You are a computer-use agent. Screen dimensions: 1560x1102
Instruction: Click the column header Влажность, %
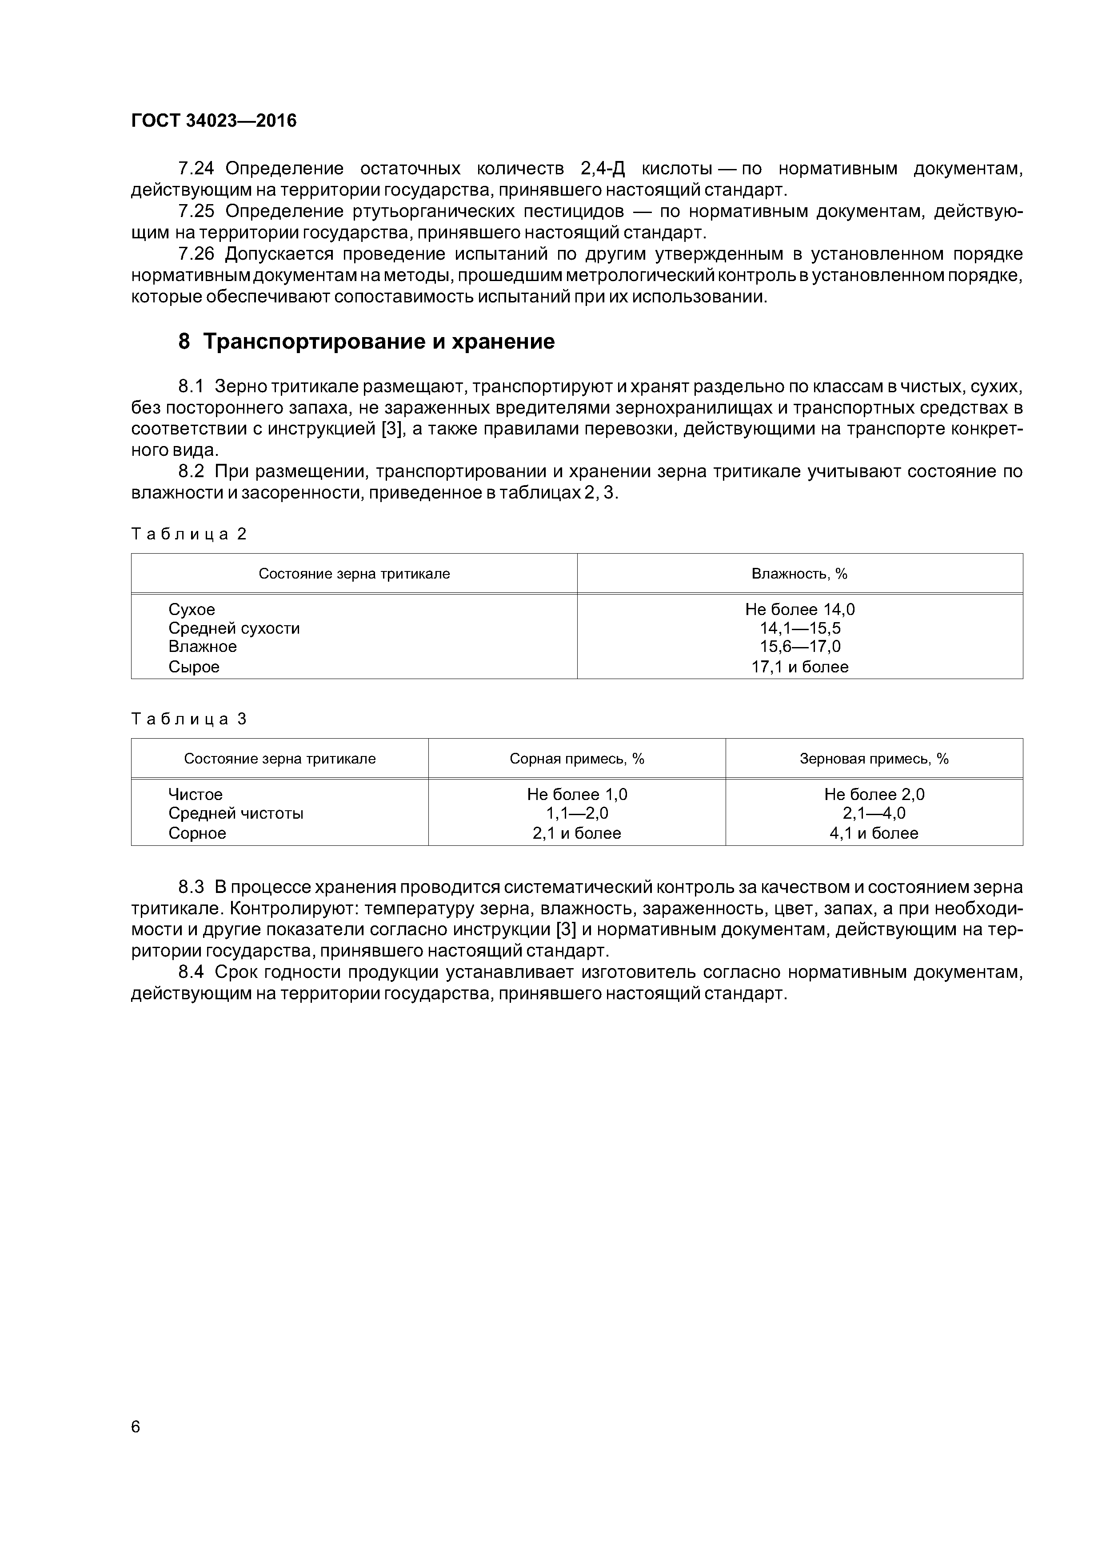click(x=799, y=574)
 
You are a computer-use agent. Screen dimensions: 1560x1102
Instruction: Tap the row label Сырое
click(x=194, y=667)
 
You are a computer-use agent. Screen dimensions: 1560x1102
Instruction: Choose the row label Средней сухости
click(x=234, y=628)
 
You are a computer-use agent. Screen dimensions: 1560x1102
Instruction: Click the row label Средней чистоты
click(x=236, y=813)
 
